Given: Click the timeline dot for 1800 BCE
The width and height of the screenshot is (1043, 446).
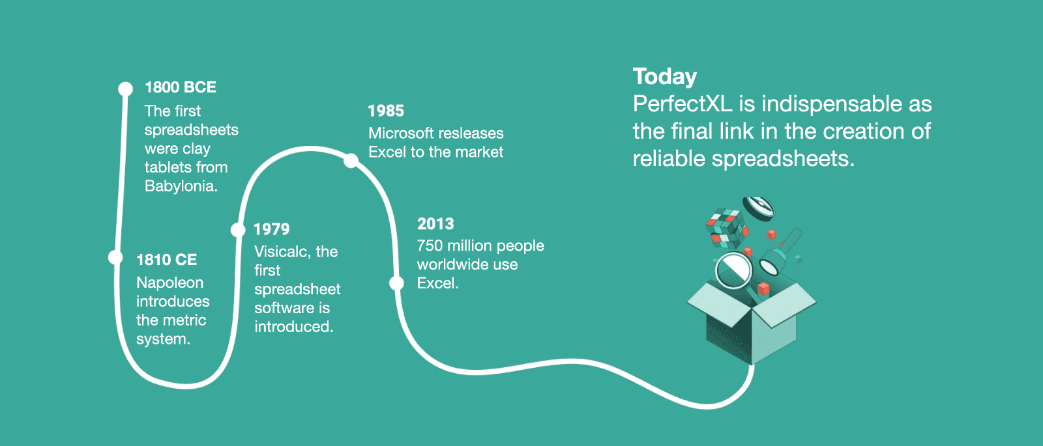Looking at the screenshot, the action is click(x=125, y=89).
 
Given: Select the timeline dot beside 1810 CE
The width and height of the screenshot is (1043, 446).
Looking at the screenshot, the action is click(x=115, y=257).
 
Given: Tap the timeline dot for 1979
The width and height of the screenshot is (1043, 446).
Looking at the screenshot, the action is click(x=238, y=230).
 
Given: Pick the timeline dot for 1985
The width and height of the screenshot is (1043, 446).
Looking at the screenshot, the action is click(x=351, y=161).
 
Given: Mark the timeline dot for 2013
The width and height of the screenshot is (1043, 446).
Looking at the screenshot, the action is click(x=396, y=283).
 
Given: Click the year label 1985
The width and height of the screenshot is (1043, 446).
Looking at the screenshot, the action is click(x=386, y=111).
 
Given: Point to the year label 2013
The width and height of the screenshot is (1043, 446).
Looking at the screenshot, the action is click(x=435, y=224).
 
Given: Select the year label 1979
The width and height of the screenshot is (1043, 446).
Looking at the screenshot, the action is click(x=271, y=229).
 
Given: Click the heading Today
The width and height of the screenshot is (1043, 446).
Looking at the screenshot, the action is click(x=664, y=77).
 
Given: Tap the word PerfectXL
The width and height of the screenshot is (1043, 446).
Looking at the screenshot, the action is click(x=683, y=104).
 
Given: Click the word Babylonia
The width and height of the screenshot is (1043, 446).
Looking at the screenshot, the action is click(x=181, y=186).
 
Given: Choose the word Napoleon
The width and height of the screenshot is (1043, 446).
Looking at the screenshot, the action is click(x=170, y=283).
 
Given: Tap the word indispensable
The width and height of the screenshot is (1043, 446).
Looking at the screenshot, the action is click(x=832, y=104).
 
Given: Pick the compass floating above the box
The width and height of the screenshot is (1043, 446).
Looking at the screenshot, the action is click(x=758, y=208).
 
